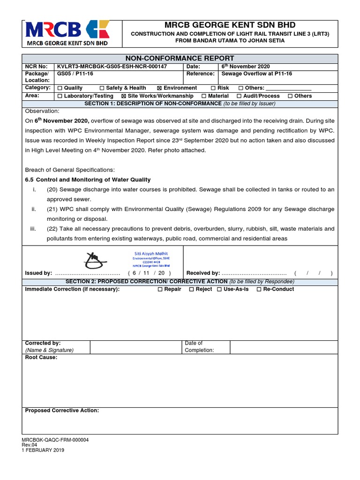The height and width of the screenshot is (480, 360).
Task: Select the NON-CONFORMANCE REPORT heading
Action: click(x=180, y=58)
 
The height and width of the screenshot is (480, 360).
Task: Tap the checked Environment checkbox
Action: click(x=159, y=88)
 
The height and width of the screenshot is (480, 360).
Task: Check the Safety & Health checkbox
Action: click(x=102, y=88)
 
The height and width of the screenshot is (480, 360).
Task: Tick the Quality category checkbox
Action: click(x=60, y=88)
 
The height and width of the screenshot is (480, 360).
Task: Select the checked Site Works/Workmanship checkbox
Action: click(x=124, y=96)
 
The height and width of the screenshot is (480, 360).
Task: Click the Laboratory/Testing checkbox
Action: click(x=60, y=96)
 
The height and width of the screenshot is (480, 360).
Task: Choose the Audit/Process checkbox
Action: click(x=239, y=96)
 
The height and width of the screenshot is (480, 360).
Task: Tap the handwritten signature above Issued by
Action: click(x=97, y=258)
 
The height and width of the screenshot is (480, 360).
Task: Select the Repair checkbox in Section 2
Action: click(x=159, y=290)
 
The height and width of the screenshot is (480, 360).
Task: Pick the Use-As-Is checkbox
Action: click(x=219, y=290)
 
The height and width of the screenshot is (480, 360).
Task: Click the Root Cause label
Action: click(x=41, y=358)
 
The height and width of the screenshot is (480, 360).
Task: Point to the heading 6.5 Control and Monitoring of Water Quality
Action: click(x=88, y=180)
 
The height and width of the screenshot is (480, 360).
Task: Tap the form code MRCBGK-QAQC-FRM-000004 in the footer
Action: click(x=55, y=440)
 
